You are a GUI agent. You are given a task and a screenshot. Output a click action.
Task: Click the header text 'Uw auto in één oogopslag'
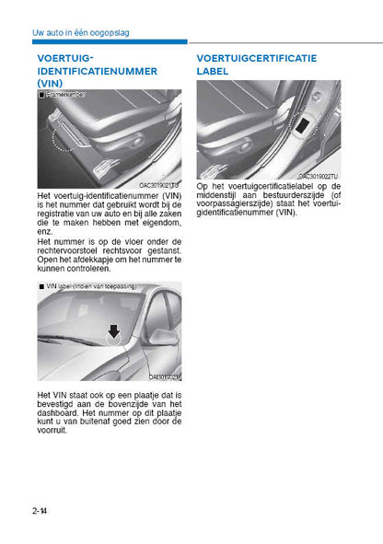tap(80, 32)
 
